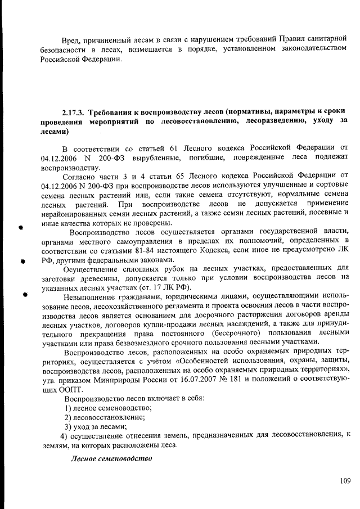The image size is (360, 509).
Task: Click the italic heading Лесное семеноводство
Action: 111,457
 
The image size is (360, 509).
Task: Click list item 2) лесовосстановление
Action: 105,417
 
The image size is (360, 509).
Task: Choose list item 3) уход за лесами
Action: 94,427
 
